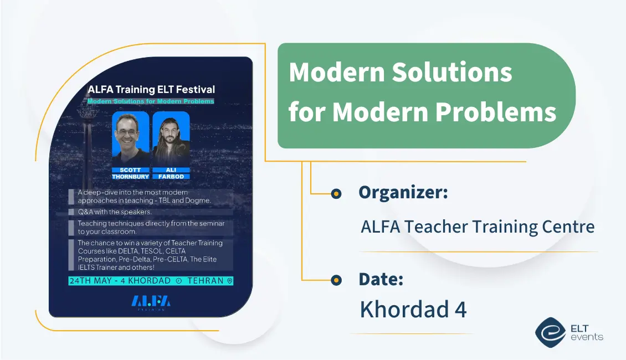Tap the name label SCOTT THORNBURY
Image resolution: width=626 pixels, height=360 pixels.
(x=131, y=173)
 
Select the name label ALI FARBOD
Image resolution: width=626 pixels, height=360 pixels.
(x=171, y=173)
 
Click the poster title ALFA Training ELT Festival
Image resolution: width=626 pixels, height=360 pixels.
(x=151, y=89)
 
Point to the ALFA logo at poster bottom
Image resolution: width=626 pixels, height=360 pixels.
(x=151, y=301)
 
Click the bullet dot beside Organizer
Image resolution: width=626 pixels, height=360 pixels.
(x=336, y=193)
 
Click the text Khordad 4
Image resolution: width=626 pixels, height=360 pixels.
(x=413, y=309)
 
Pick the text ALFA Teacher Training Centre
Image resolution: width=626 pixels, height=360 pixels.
(x=478, y=227)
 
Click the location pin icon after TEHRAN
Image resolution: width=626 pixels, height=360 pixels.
(x=229, y=281)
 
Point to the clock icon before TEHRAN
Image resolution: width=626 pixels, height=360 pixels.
(x=178, y=281)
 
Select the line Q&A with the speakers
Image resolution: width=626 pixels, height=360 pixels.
(x=115, y=212)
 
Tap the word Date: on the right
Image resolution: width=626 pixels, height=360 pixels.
(x=381, y=279)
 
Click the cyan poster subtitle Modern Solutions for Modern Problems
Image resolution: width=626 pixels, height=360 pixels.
(x=151, y=101)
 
